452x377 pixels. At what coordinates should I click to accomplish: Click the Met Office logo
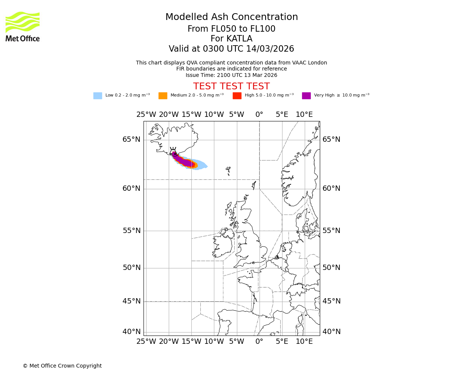(x=23, y=26)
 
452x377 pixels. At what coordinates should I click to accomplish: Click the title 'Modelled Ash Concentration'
(x=231, y=17)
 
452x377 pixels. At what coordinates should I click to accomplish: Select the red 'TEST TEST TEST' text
(x=231, y=87)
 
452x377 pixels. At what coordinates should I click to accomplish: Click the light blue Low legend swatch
(x=98, y=96)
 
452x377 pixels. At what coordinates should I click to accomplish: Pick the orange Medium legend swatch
(x=163, y=96)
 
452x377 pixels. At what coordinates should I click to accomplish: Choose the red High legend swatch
(x=237, y=96)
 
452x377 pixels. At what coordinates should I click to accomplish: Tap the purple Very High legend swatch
(x=306, y=96)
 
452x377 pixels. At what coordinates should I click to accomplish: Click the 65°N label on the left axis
(x=131, y=139)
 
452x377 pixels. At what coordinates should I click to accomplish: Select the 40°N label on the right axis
(x=331, y=332)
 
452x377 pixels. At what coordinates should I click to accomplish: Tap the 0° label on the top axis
(x=259, y=115)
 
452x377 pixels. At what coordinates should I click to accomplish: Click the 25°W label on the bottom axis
(x=146, y=342)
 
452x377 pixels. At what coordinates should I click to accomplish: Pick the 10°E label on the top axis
(x=304, y=115)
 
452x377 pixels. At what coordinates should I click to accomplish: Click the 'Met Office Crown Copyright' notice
(x=62, y=366)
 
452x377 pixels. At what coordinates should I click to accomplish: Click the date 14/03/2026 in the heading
(x=270, y=49)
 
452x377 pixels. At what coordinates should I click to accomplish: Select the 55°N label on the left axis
(x=131, y=231)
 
